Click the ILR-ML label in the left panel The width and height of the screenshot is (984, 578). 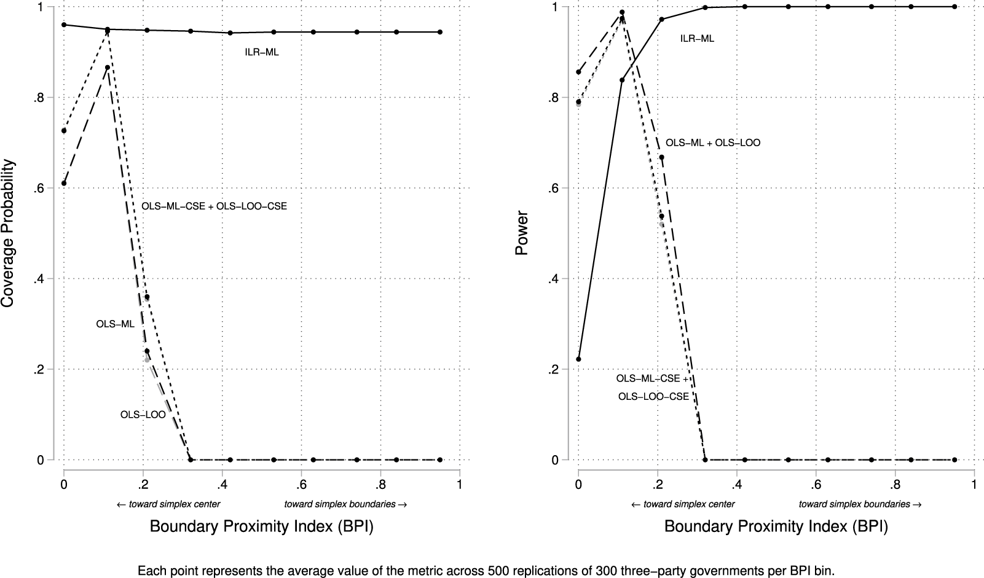click(x=262, y=53)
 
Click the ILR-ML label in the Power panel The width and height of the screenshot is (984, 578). click(x=697, y=39)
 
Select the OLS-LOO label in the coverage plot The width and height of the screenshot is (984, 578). click(x=143, y=415)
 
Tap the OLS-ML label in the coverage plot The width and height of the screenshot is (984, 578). click(x=115, y=324)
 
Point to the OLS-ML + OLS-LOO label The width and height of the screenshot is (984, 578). click(x=713, y=143)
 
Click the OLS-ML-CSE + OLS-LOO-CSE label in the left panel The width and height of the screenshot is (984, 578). click(x=214, y=207)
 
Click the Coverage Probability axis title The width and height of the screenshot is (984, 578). click(x=8, y=233)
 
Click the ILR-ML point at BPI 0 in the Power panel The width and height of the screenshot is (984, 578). click(x=578, y=359)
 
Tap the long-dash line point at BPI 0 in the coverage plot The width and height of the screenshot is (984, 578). click(x=64, y=183)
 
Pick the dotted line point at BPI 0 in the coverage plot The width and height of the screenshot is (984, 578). click(x=64, y=131)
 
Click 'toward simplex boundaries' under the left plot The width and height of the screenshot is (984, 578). click(x=345, y=504)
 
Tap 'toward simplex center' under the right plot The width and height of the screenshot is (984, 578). click(x=682, y=504)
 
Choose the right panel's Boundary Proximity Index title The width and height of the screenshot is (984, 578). click(x=776, y=527)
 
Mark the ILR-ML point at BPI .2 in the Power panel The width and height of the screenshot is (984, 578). click(x=662, y=19)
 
